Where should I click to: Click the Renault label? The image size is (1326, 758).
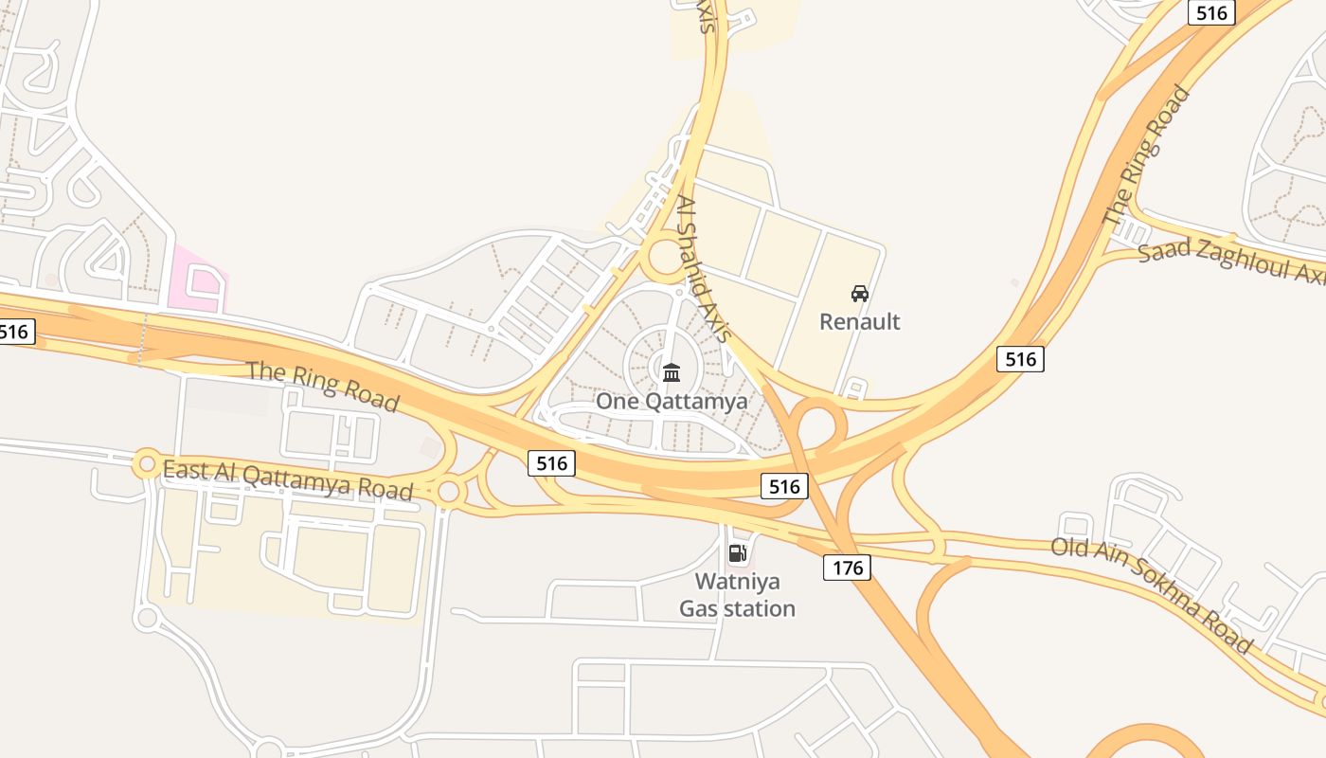859,321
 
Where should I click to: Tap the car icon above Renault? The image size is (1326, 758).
859,294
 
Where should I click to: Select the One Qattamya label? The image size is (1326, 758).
671,401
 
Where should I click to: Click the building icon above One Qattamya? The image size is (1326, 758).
672,372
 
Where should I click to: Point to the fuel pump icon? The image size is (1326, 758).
737,553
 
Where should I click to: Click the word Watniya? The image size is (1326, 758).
737,580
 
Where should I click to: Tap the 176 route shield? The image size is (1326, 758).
847,567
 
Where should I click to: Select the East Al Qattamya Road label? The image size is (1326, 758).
288,479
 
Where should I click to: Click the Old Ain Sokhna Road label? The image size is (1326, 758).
1150,593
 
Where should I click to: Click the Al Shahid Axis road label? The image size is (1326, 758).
705,268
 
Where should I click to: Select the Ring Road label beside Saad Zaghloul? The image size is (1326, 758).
1147,155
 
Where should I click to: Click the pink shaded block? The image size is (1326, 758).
198,279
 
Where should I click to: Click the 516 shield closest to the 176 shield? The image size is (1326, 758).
784,487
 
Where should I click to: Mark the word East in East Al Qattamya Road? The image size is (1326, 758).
184,468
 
